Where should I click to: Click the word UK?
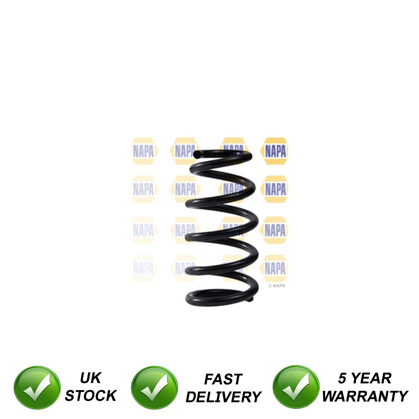90,378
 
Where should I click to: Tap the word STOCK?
91,395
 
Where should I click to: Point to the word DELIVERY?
223,397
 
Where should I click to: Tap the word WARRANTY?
365,396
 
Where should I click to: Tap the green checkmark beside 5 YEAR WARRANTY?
296,387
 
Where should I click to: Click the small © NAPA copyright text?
277,286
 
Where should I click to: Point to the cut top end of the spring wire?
197,154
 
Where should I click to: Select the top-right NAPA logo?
274,151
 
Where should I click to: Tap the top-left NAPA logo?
144,151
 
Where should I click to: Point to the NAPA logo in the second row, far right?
274,189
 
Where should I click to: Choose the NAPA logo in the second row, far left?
144,189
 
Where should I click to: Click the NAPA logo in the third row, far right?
274,230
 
